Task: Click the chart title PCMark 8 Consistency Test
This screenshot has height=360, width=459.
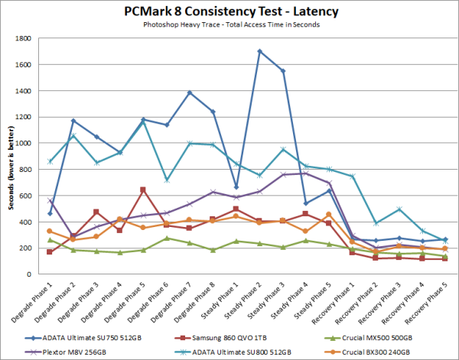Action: [229, 11]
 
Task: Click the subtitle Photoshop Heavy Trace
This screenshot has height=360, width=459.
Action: [229, 24]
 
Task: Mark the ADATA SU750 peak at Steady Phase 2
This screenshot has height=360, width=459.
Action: [260, 51]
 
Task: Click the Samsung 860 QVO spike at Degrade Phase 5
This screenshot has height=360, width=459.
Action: [143, 190]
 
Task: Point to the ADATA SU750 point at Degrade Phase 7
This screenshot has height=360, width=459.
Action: [190, 92]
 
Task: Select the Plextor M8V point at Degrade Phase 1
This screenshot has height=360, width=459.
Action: [50, 200]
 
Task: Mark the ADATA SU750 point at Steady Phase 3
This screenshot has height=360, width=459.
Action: [283, 71]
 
